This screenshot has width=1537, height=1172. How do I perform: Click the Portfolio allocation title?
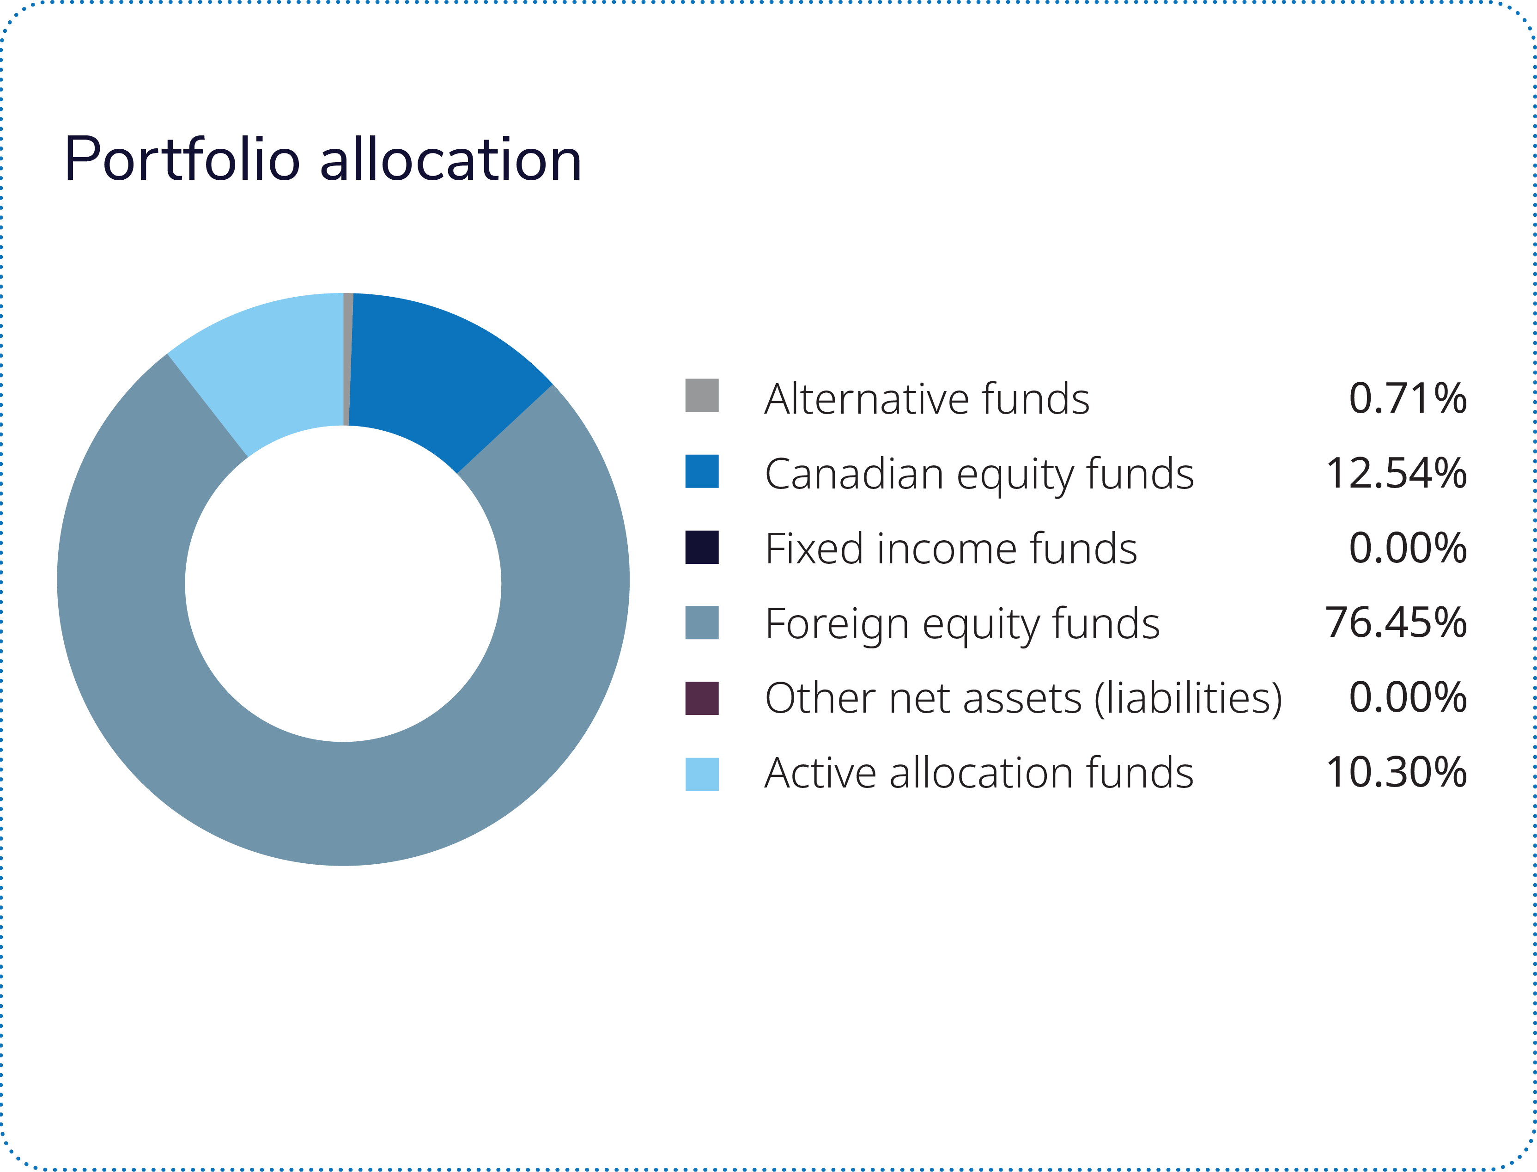322,160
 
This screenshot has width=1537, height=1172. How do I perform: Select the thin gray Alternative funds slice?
348,359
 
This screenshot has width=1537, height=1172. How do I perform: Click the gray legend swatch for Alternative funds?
702,396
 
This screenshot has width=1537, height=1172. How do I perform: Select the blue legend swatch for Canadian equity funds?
702,471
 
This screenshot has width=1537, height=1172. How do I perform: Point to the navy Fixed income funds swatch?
702,547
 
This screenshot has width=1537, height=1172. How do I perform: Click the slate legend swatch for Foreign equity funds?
702,622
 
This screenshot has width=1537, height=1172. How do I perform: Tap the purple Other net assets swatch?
702,698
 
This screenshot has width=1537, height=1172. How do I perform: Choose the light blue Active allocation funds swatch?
702,775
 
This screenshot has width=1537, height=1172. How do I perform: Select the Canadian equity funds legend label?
979,474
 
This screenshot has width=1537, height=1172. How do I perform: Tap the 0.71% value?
1407,398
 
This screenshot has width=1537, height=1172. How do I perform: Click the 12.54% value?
1396,474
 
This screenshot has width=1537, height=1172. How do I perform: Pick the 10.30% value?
1396,773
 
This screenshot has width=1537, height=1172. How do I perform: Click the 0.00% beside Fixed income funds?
1407,548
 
